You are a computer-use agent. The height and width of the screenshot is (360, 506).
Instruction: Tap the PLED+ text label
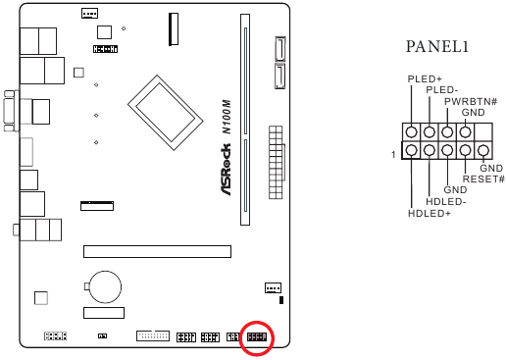424,78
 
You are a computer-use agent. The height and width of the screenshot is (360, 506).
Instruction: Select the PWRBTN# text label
471,101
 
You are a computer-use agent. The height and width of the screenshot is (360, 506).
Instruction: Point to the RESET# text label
482,179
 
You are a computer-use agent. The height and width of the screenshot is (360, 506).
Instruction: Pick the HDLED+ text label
429,213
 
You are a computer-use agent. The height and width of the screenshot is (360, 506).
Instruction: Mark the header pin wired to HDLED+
412,151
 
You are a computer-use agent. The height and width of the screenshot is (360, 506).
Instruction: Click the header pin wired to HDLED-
430,151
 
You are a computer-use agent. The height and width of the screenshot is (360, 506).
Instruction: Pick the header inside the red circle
258,338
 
